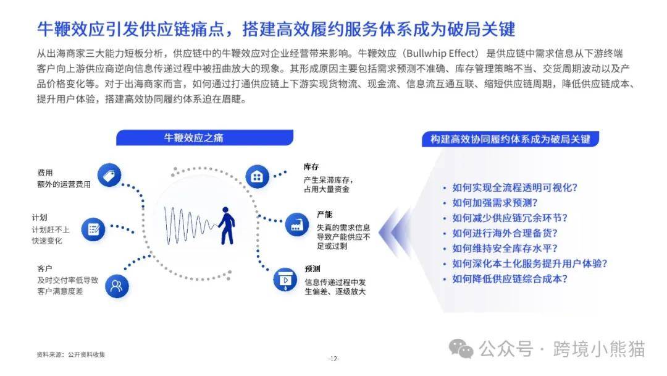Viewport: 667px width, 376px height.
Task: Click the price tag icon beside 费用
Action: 109,176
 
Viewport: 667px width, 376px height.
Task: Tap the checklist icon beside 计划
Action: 93,229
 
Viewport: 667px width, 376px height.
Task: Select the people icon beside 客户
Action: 117,286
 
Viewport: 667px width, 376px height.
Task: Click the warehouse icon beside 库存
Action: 257,176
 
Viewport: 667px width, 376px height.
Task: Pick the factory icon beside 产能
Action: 297,225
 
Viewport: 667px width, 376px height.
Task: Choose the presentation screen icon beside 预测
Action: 285,280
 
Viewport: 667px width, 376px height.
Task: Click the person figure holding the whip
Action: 226,226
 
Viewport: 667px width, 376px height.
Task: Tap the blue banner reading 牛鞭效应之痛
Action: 204,137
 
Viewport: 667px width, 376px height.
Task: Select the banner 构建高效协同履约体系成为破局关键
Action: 510,139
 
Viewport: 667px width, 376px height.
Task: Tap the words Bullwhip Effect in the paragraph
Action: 441,54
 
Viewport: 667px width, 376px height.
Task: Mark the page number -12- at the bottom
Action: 333,359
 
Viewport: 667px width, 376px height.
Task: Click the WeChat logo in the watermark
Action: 461,349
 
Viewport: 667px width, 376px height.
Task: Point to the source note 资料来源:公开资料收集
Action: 70,354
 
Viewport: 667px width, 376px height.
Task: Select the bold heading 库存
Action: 311,167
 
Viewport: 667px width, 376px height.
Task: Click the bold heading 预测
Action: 313,269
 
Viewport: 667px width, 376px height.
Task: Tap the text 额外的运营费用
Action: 64,184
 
